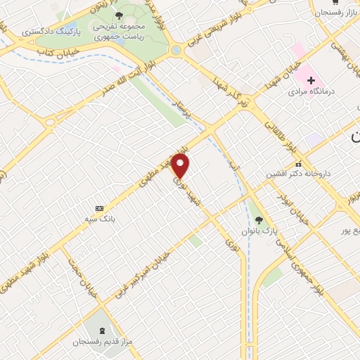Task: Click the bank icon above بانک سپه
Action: tap(99, 209)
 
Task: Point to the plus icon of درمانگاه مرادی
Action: tap(311, 80)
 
